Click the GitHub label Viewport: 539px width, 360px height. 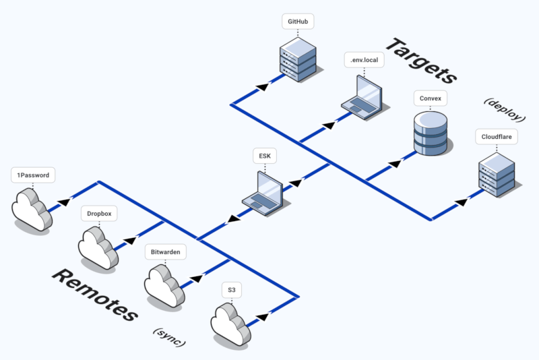pyautogui.click(x=297, y=22)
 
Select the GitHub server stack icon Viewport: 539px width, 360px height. pyautogui.click(x=297, y=60)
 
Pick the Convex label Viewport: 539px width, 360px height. pyautogui.click(x=430, y=98)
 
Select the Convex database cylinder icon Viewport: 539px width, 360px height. pyautogui.click(x=430, y=132)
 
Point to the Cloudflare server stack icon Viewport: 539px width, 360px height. pyautogui.click(x=497, y=174)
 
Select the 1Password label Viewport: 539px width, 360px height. pyautogui.click(x=33, y=175)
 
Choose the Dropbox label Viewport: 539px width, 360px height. pyautogui.click(x=99, y=214)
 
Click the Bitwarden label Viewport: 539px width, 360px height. pyautogui.click(x=165, y=252)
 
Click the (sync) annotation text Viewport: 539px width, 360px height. pyautogui.click(x=169, y=337)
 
